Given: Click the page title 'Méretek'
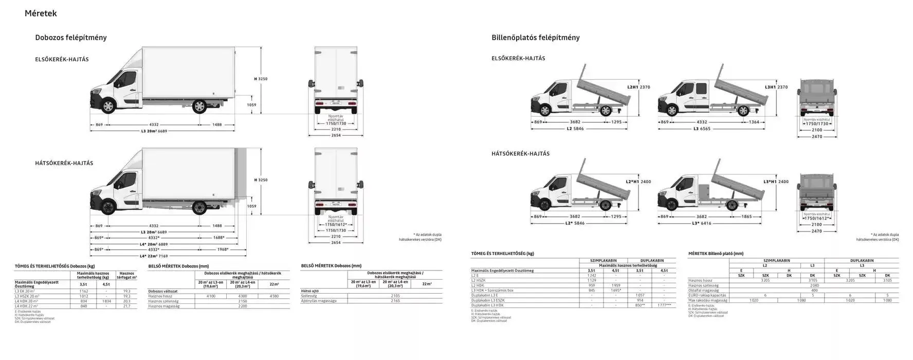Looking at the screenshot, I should coord(41,13).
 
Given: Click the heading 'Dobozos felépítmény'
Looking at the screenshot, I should coord(71,38).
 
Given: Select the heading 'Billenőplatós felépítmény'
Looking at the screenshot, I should coord(536,38).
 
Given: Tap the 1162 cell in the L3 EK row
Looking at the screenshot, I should coord(84,291).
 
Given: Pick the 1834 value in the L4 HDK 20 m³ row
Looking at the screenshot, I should coord(106,301).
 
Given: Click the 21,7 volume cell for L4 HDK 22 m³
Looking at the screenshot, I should coord(126,306).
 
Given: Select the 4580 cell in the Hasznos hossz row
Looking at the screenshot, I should coord(274,296).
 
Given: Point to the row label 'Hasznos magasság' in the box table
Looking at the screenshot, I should coord(163,306).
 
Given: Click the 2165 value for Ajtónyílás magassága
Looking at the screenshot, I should coord(395,301).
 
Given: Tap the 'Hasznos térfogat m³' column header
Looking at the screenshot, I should coord(126,276).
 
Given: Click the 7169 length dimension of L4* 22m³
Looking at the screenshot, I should coord(162,256).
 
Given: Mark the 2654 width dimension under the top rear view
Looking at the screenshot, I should coord(336,135).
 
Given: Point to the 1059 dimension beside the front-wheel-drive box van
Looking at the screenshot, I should coord(251,105).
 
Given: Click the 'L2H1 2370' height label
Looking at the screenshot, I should coord(639,87).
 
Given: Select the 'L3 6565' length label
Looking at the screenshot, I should coord(701,129).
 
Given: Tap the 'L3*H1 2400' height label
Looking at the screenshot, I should coord(776,182).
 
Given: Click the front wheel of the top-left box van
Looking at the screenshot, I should coord(108,107).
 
